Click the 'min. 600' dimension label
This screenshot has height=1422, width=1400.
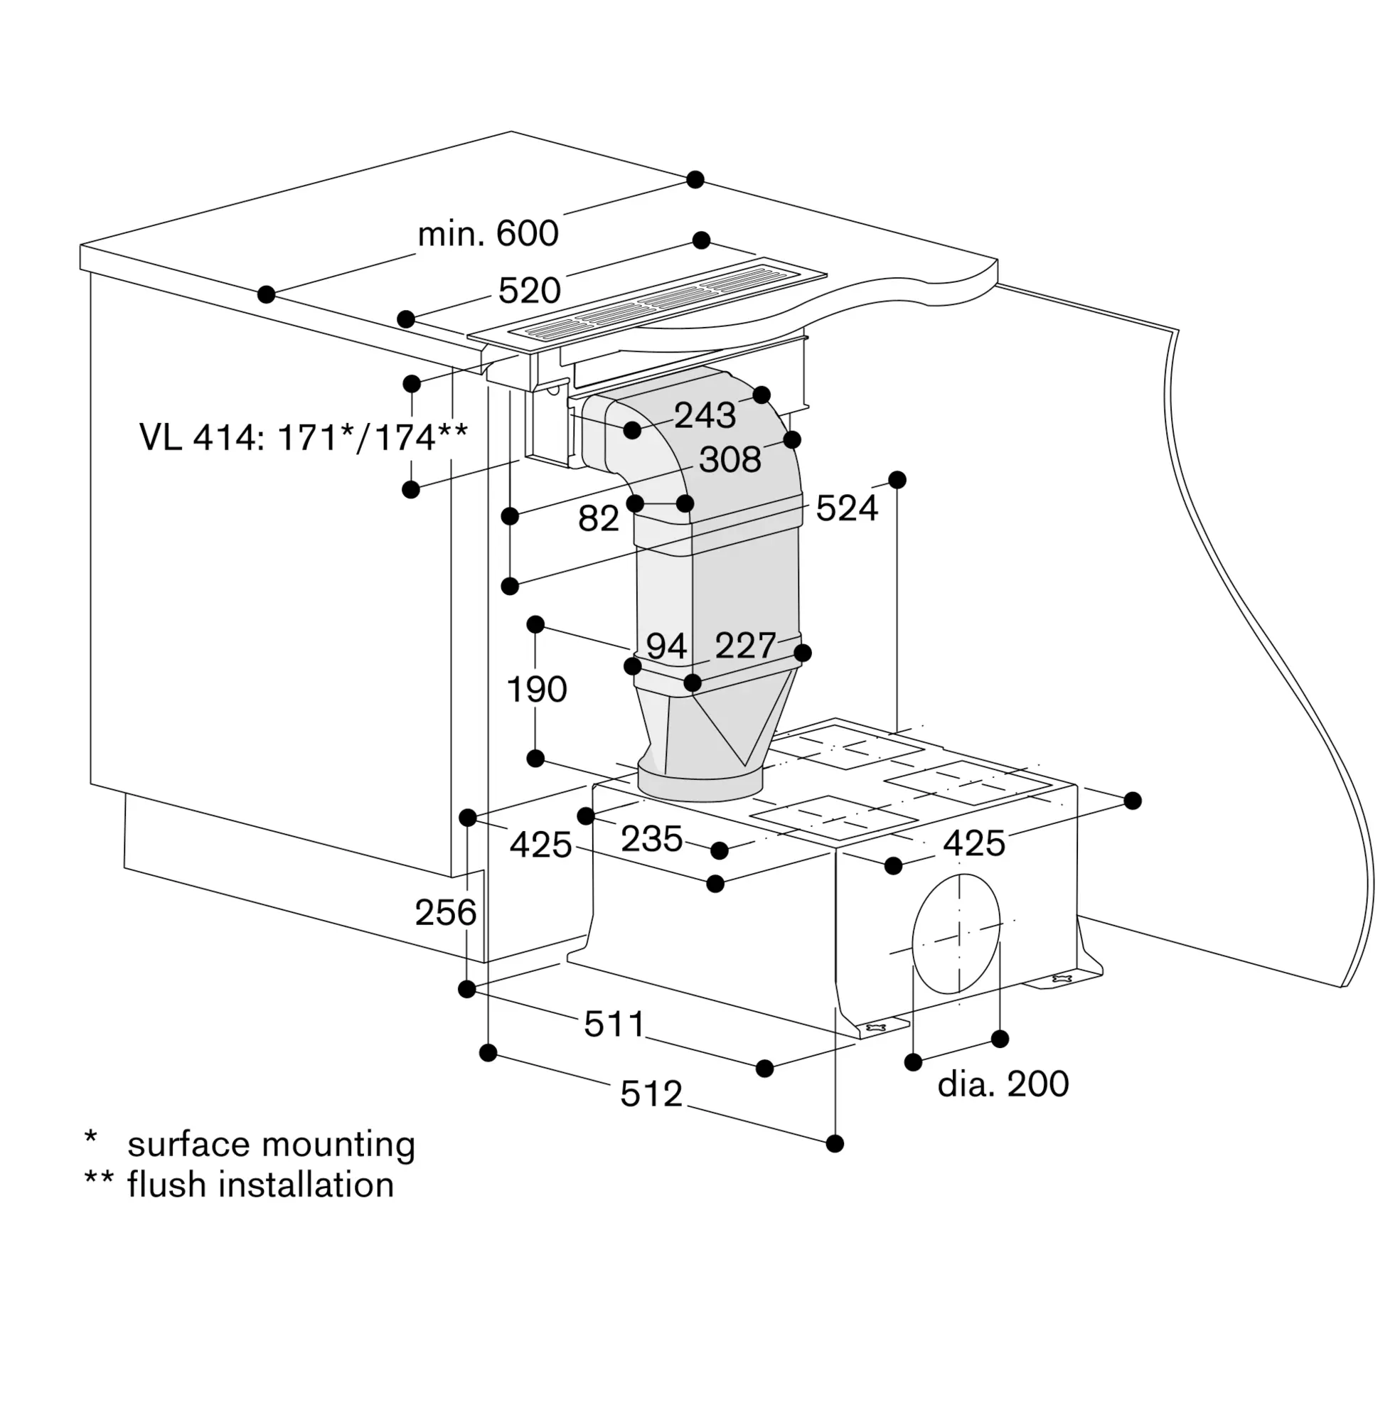(488, 234)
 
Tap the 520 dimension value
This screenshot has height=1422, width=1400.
(530, 290)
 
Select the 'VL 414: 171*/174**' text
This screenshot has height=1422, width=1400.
(304, 437)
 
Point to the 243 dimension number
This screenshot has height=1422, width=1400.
(705, 415)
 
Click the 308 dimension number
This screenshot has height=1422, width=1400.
(730, 459)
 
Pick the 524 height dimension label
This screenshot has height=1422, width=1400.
(847, 508)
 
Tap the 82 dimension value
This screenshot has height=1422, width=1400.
(599, 518)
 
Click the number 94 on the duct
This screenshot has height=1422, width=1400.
(666, 646)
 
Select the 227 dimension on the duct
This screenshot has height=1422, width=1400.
(746, 646)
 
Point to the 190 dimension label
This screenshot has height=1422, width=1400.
(537, 690)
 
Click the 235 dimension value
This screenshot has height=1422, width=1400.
(652, 839)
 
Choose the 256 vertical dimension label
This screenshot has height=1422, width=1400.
(446, 913)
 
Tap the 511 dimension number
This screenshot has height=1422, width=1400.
(615, 1025)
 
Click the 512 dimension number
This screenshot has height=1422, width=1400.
(651, 1094)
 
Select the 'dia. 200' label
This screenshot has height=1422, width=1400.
(1003, 1084)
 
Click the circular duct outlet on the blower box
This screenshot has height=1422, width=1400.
(956, 933)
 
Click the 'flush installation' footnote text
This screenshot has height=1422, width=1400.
(261, 1185)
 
